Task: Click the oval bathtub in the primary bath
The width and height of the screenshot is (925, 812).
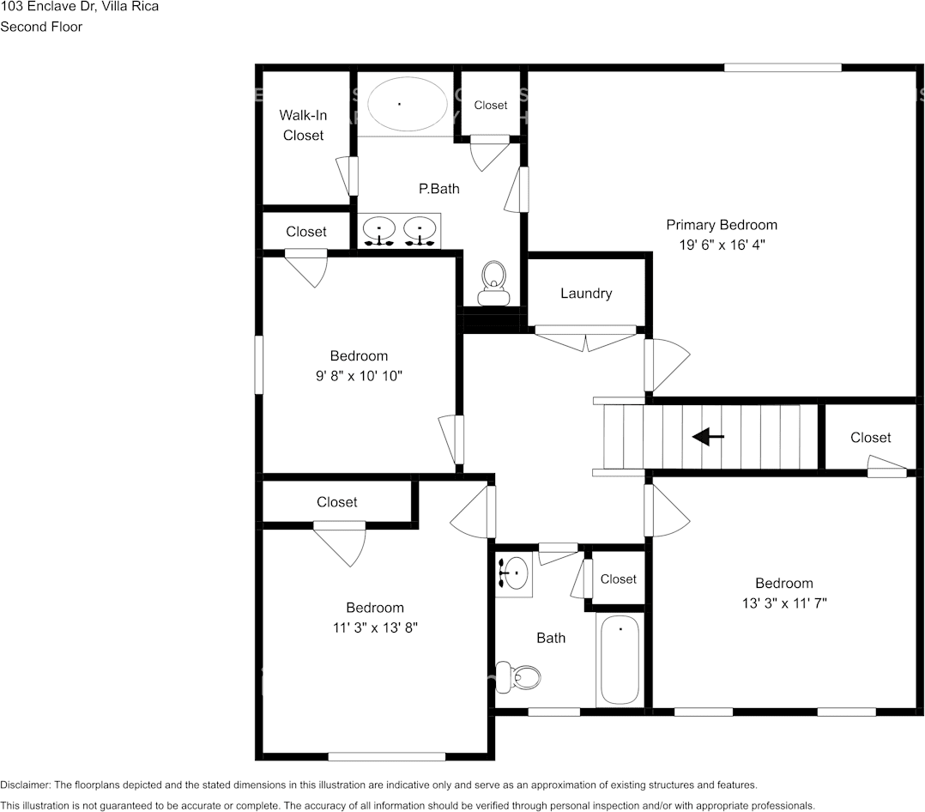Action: click(x=407, y=104)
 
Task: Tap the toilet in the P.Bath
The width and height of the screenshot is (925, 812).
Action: click(x=493, y=283)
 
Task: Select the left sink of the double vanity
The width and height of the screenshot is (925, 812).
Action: click(x=378, y=230)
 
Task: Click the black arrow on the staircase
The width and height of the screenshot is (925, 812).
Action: click(x=708, y=437)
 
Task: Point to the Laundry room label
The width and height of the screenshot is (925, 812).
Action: click(x=586, y=294)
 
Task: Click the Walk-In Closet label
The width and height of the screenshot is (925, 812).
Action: click(x=303, y=125)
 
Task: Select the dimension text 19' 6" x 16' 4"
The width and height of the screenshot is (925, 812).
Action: click(x=721, y=245)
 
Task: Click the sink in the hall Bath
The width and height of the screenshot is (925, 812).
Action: click(x=514, y=573)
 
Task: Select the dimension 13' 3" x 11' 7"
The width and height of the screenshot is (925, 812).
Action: click(x=783, y=603)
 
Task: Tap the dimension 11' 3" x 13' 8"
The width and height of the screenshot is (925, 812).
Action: click(x=375, y=627)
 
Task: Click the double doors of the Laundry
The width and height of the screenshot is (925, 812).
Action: click(x=586, y=338)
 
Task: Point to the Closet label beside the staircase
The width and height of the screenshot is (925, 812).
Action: click(x=870, y=438)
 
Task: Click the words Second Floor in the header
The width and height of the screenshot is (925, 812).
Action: click(x=41, y=27)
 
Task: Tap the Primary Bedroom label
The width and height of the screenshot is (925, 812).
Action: click(x=722, y=225)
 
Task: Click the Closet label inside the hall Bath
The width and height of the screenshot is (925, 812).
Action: click(x=618, y=579)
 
